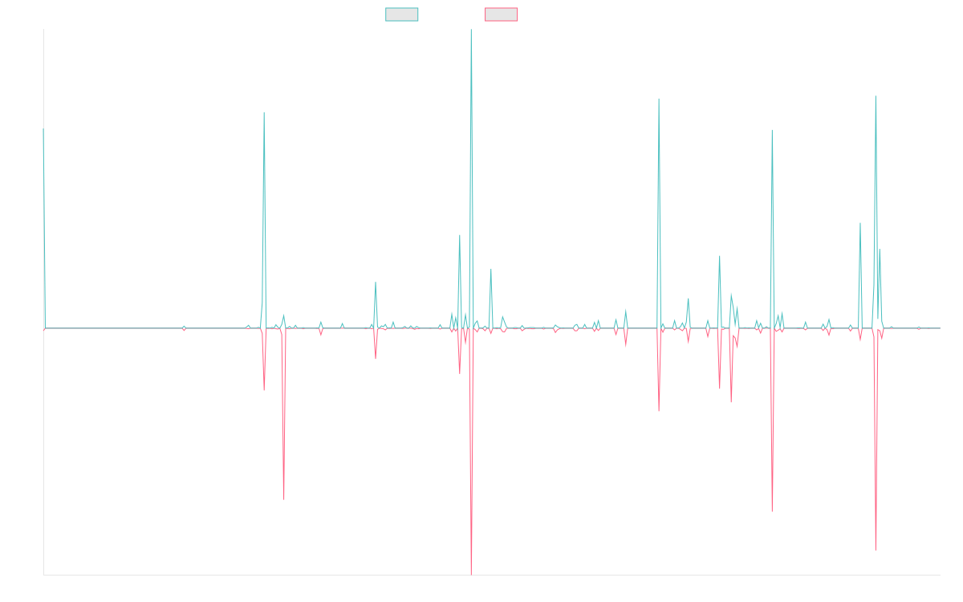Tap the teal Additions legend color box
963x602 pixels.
402,14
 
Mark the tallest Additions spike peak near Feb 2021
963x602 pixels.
471,31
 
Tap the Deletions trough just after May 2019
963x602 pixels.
283,499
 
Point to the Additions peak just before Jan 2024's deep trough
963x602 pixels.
772,130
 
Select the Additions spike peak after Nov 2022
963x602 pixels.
658,99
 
